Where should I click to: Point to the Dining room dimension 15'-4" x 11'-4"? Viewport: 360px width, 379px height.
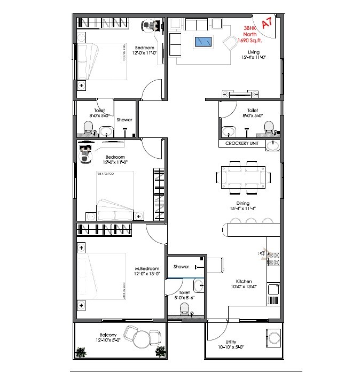pos(244,209)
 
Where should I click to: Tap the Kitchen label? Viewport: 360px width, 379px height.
pos(244,281)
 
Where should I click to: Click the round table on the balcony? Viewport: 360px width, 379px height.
pos(142,339)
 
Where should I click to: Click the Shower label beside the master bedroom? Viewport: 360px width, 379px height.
pos(181,267)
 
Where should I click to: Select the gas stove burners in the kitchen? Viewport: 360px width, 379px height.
pos(273,258)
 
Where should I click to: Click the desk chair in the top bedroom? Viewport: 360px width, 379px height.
pos(150,25)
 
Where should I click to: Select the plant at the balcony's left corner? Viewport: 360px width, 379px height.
pos(81,352)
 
